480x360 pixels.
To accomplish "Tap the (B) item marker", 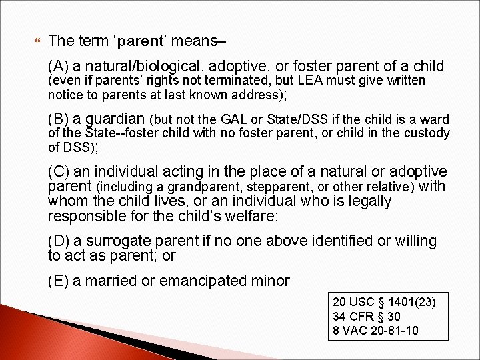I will point(59,119).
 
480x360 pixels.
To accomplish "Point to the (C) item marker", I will point(59,172).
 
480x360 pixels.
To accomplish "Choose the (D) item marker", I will point(59,241).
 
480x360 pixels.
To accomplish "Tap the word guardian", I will point(113,119).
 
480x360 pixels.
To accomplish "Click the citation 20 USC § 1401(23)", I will point(383,303).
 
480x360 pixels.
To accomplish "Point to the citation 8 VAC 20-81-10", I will point(375,330).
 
